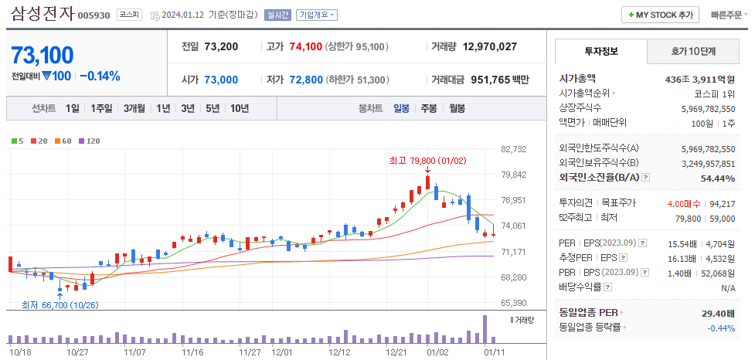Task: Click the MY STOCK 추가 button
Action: point(661,15)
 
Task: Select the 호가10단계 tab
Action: point(692,52)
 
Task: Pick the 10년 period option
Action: point(240,108)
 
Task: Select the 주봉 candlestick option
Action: point(429,108)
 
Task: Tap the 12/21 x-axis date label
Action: point(396,352)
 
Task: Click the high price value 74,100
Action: point(304,46)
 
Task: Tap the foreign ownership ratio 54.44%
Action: point(716,178)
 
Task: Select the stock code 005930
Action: point(94,15)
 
